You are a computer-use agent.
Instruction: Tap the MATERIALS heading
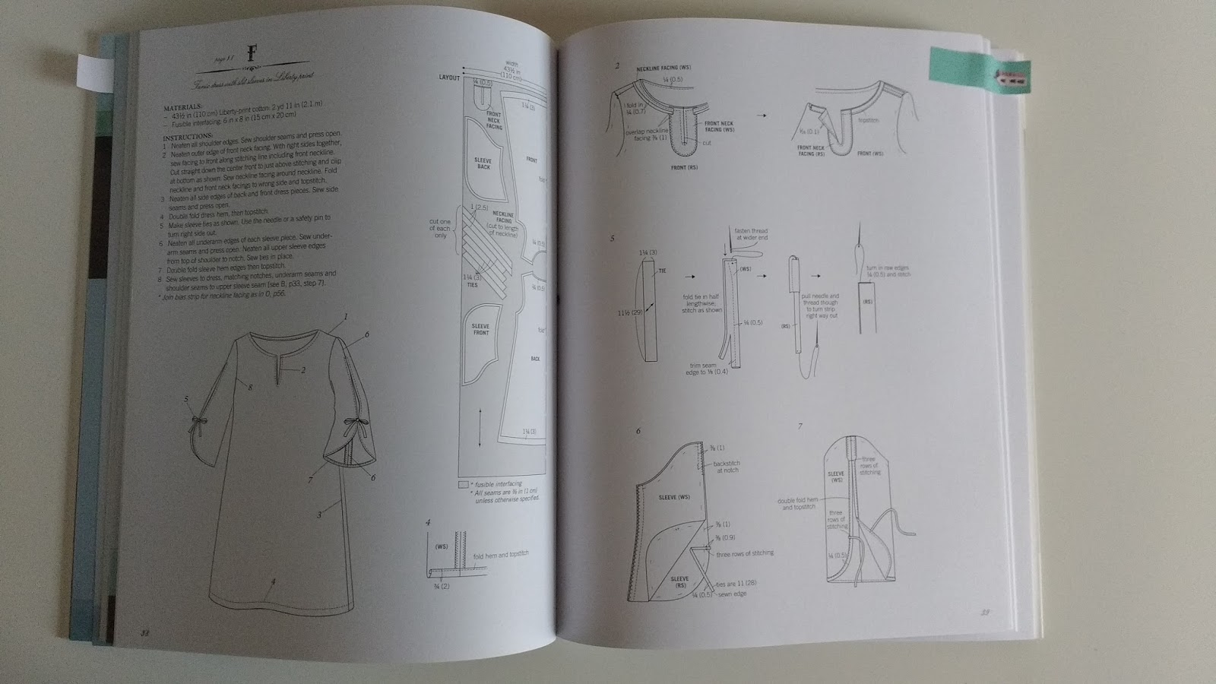tap(182, 107)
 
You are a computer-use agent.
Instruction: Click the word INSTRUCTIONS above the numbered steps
tap(185, 138)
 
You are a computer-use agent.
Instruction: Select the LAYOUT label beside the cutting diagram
tap(450, 78)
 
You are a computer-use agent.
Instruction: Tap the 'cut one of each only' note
tap(441, 229)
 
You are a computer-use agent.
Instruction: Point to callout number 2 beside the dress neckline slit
tap(302, 370)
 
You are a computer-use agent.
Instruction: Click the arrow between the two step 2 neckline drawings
tap(763, 116)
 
